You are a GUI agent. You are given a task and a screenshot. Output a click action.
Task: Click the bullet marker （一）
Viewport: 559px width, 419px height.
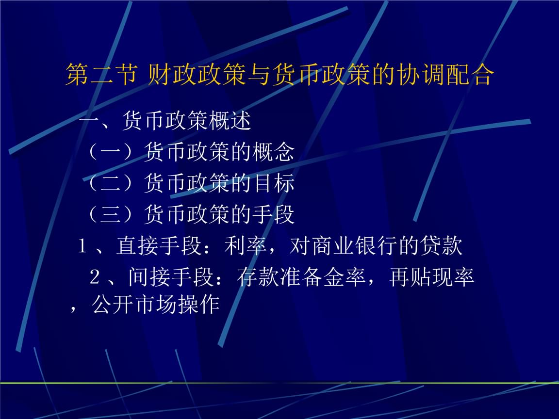(111, 152)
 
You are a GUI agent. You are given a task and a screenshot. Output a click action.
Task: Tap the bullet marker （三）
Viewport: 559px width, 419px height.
(111, 214)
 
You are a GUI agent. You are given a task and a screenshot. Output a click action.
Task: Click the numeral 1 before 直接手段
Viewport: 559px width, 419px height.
(82, 247)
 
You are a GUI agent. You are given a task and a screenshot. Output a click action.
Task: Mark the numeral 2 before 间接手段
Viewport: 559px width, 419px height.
(95, 278)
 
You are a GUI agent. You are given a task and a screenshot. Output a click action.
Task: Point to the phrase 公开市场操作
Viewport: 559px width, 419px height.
(156, 305)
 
